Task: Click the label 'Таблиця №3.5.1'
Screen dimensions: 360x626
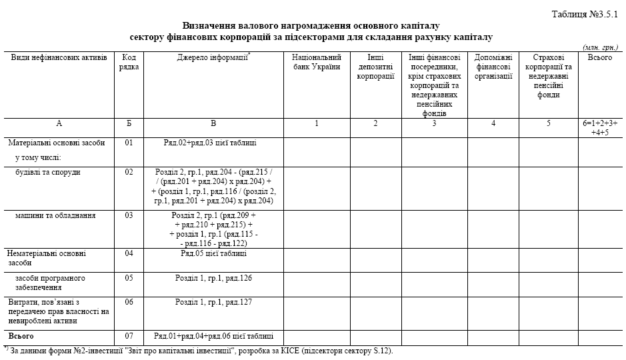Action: click(587, 13)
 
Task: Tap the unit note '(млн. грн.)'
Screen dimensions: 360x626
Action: click(601, 48)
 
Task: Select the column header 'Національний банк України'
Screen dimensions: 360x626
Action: click(317, 62)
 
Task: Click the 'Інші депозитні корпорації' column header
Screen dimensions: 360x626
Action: click(375, 67)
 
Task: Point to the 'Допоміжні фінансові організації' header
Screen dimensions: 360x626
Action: click(493, 67)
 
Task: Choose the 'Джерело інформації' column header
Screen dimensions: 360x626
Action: click(213, 57)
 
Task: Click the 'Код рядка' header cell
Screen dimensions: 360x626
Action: click(129, 62)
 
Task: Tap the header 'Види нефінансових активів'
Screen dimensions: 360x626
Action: click(59, 57)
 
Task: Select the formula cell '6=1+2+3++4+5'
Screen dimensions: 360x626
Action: click(600, 127)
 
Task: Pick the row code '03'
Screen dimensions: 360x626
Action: click(129, 215)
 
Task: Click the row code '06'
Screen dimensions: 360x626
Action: click(129, 302)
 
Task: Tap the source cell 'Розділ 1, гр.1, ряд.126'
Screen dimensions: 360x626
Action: click(213, 277)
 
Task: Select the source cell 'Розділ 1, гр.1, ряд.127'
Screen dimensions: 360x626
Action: click(213, 302)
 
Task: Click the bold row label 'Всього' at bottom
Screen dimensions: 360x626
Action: click(21, 336)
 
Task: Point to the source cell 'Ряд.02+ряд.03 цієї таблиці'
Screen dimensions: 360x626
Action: click(210, 143)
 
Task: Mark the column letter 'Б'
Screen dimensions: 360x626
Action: click(129, 123)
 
